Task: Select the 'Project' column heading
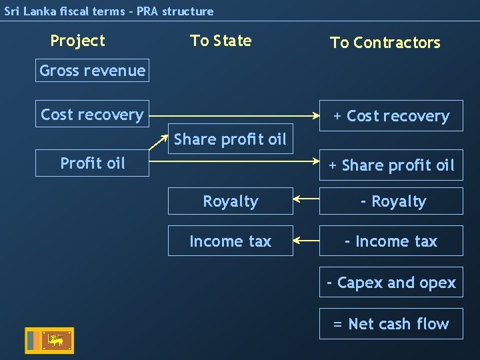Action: [x=77, y=41]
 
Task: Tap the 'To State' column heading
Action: [x=221, y=41]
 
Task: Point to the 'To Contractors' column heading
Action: [x=385, y=43]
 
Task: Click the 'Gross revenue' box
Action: [x=92, y=71]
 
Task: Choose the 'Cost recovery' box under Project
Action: [x=92, y=115]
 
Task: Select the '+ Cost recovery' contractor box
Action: [x=391, y=116]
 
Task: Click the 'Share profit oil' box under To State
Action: [x=230, y=139]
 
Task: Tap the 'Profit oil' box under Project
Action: [x=92, y=163]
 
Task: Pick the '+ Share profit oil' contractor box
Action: [x=391, y=165]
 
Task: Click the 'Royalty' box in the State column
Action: [x=230, y=201]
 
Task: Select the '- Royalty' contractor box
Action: [x=391, y=201]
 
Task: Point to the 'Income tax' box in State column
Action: [x=230, y=241]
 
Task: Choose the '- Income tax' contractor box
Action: [x=391, y=241]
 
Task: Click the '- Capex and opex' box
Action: [x=391, y=283]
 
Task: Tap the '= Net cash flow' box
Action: [x=391, y=324]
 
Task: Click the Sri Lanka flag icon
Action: [x=49, y=341]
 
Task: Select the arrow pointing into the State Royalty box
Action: [x=306, y=199]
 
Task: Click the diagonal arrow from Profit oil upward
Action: [x=158, y=145]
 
